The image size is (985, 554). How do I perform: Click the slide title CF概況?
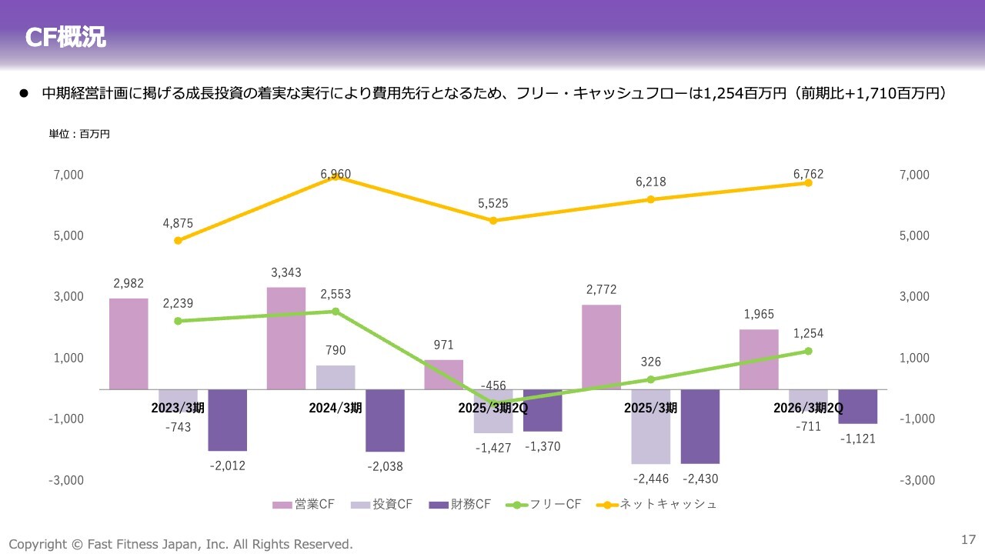[65, 37]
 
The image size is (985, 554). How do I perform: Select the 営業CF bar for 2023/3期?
[129, 344]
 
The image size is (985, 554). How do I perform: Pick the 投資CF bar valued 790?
[336, 377]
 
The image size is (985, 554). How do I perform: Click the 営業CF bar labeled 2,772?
[601, 347]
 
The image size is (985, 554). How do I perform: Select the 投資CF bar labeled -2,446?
[650, 426]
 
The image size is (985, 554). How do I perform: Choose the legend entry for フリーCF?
[544, 505]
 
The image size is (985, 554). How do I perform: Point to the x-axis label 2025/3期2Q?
[492, 408]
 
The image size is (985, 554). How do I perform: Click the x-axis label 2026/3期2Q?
[808, 408]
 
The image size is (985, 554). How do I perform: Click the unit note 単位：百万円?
[80, 134]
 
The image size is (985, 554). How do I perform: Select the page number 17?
[968, 539]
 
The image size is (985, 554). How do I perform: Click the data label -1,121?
[857, 439]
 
